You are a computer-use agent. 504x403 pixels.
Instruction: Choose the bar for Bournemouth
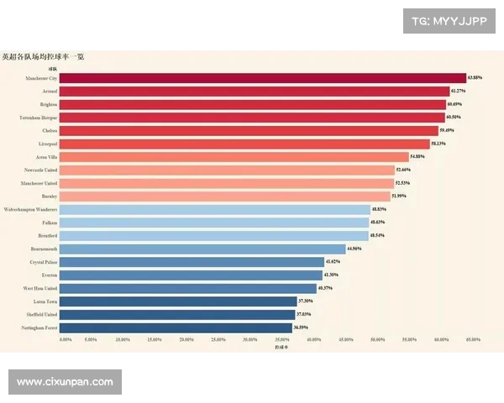(x=202, y=249)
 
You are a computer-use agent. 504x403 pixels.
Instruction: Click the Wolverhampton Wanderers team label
(x=30, y=209)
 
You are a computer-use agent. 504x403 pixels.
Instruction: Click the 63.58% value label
(x=475, y=78)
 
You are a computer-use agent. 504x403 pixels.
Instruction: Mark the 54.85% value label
(x=418, y=157)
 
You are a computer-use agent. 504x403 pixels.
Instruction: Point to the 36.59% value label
(x=302, y=327)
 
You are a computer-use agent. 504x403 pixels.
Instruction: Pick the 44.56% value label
(x=356, y=249)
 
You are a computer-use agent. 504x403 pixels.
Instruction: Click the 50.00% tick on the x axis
(x=378, y=339)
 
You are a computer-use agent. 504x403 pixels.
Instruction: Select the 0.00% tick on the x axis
(x=66, y=339)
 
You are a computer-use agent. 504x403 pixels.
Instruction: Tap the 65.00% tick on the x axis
(x=472, y=339)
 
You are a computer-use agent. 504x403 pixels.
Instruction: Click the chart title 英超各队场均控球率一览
(x=42, y=57)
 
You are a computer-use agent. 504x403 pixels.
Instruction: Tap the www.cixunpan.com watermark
(x=65, y=382)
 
